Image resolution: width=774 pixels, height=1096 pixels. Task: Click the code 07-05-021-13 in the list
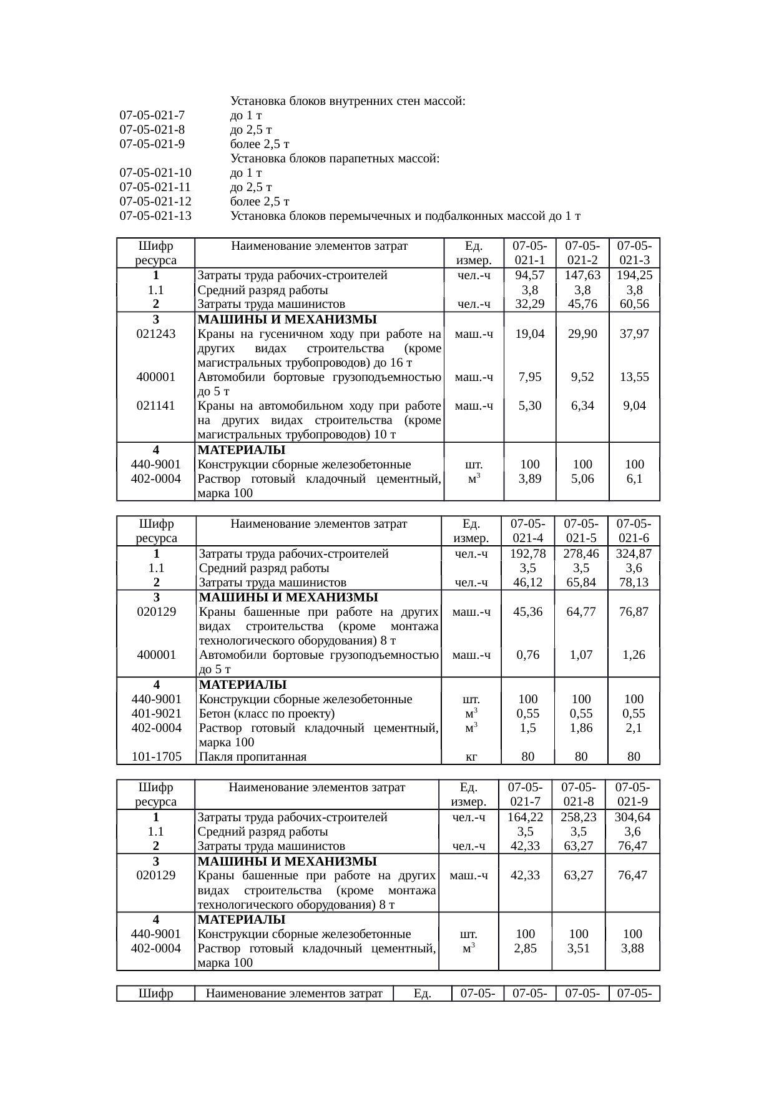155,216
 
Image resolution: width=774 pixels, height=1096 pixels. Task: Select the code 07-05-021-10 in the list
155,173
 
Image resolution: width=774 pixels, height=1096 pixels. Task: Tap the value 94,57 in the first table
530,275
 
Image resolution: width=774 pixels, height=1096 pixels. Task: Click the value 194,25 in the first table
634,275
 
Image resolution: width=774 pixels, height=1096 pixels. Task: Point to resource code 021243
155,333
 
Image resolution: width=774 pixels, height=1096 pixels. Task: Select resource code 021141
155,405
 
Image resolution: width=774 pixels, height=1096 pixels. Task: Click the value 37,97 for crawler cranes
634,333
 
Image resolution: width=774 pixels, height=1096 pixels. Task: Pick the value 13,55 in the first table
634,377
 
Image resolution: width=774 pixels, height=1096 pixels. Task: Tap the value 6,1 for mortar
634,478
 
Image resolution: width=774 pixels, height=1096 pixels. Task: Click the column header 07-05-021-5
581,530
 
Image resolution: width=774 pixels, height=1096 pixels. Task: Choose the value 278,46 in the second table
581,553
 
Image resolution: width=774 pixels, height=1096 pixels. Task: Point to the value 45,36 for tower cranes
527,611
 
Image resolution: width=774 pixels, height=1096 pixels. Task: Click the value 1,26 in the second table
634,655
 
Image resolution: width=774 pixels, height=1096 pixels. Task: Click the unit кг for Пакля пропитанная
472,756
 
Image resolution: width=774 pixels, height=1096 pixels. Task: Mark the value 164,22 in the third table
526,817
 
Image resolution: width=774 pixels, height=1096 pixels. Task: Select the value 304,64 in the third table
632,817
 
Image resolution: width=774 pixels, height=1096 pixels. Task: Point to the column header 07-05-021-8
579,794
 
